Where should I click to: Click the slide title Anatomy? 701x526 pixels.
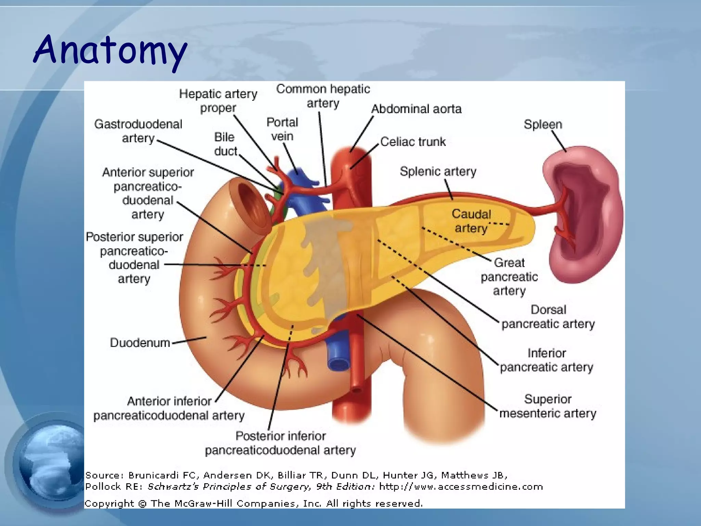point(110,50)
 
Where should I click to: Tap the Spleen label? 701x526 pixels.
point(543,124)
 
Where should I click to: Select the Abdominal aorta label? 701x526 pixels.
point(416,109)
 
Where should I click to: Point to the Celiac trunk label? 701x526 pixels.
point(413,142)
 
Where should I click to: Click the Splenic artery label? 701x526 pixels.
point(438,171)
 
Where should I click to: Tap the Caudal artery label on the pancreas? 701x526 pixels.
point(471,221)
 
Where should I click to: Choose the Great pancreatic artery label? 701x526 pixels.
point(509,277)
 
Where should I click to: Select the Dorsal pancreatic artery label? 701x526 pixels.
point(548,317)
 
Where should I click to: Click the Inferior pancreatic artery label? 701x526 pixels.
point(547,360)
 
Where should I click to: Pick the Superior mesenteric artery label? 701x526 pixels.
point(548,406)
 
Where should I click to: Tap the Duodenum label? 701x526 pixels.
point(140,343)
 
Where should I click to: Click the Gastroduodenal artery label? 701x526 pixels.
point(138,131)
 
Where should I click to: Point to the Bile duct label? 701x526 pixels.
point(225,144)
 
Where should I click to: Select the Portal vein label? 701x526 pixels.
point(282,129)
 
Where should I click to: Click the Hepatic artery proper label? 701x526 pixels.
point(218,100)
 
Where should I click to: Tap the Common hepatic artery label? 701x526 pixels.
point(323,96)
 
